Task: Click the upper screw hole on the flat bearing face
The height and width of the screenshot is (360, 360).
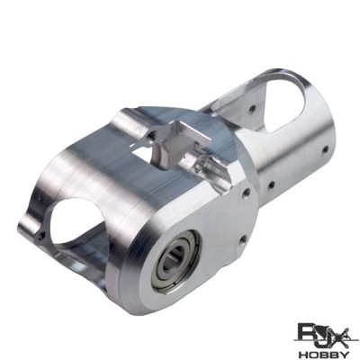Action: click(x=247, y=192)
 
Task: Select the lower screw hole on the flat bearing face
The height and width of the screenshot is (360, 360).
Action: click(x=243, y=238)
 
